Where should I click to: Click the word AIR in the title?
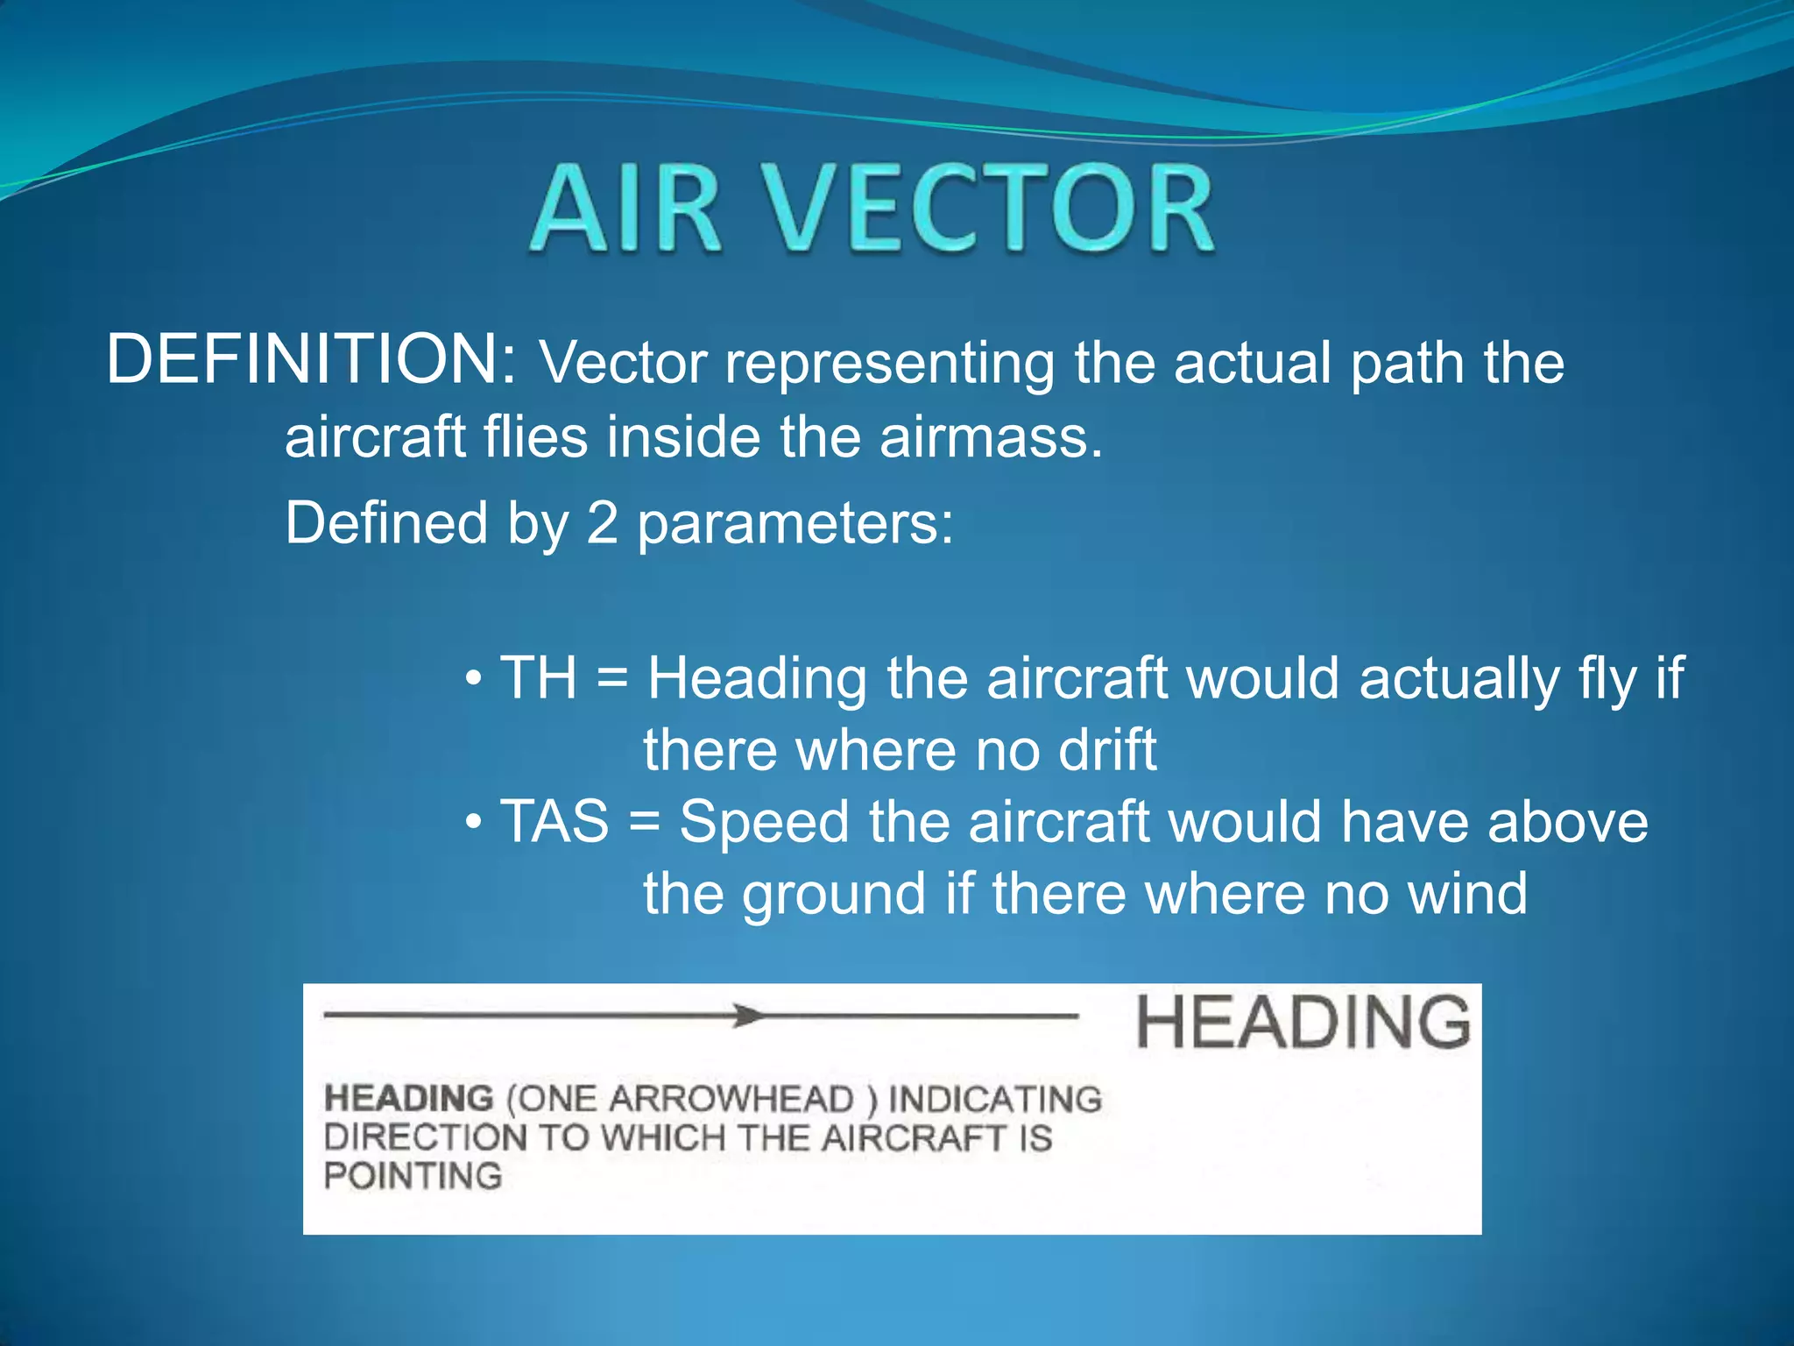(625, 210)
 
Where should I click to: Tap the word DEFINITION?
(311, 359)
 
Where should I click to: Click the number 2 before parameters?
(602, 523)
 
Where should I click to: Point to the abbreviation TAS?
(554, 821)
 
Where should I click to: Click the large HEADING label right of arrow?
(1303, 1022)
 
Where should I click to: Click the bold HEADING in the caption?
(408, 1098)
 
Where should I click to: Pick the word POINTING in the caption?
(413, 1175)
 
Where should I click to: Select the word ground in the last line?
(834, 896)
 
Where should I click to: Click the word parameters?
(795, 524)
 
